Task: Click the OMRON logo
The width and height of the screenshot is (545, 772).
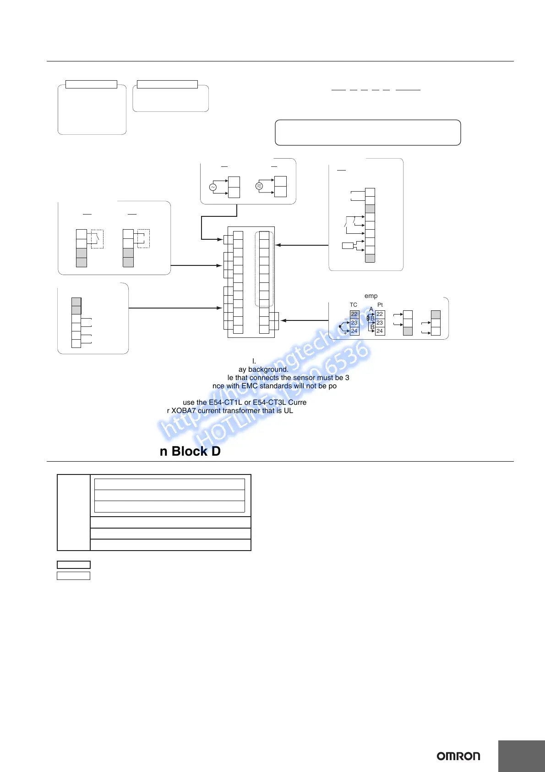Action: (458, 756)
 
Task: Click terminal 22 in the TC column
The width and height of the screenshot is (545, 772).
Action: (354, 314)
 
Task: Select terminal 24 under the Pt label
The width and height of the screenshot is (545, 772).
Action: (380, 331)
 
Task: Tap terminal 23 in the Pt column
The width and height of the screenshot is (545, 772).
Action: (380, 323)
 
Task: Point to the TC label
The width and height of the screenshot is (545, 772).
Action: (354, 305)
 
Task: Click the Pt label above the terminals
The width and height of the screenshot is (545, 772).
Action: (380, 305)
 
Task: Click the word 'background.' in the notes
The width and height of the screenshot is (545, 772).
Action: (268, 369)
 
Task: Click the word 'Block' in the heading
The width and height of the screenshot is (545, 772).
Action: (190, 452)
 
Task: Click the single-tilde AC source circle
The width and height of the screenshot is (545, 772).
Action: (213, 187)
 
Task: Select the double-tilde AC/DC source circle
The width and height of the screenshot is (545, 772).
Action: (259, 186)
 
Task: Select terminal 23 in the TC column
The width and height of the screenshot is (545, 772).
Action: (354, 323)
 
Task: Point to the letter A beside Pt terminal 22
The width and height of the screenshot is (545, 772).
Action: (371, 309)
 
